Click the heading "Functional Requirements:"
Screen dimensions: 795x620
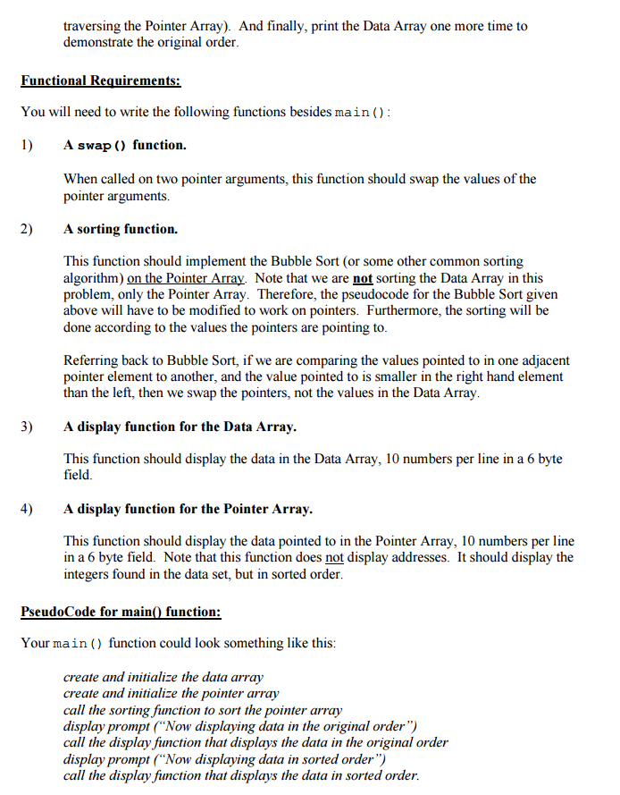pos(101,81)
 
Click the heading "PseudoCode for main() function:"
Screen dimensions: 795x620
pos(121,612)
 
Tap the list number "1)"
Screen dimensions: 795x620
pos(27,145)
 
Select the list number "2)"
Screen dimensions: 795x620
pos(27,229)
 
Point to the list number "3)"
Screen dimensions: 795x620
pos(27,427)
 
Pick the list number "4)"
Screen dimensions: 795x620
pos(27,509)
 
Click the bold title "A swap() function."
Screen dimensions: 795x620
pos(125,145)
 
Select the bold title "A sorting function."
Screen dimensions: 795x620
pos(121,229)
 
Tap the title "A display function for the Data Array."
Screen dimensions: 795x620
pos(180,427)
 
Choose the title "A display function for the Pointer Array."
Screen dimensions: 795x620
pos(188,509)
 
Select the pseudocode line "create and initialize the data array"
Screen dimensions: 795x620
pos(163,677)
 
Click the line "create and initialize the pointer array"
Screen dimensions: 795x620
pos(172,693)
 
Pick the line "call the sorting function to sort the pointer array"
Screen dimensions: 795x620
pos(203,709)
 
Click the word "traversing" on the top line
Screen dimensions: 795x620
pos(94,26)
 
